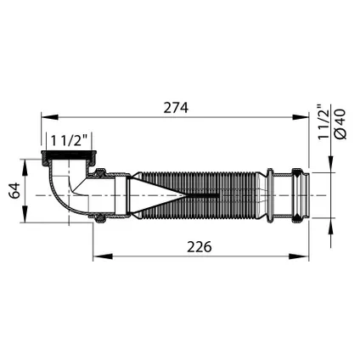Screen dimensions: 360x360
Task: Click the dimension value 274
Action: (x=176, y=108)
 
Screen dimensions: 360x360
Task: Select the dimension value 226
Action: (x=200, y=247)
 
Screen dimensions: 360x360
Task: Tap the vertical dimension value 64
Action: (x=14, y=190)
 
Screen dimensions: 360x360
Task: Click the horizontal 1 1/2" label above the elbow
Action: (x=69, y=140)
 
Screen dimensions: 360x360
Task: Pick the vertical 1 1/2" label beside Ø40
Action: (x=324, y=122)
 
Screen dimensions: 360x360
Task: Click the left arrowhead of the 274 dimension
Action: (x=50, y=117)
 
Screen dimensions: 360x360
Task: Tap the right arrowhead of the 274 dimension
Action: (x=301, y=117)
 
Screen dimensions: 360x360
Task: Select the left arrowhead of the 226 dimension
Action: (x=103, y=256)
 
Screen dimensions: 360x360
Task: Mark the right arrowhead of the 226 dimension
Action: (x=299, y=256)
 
